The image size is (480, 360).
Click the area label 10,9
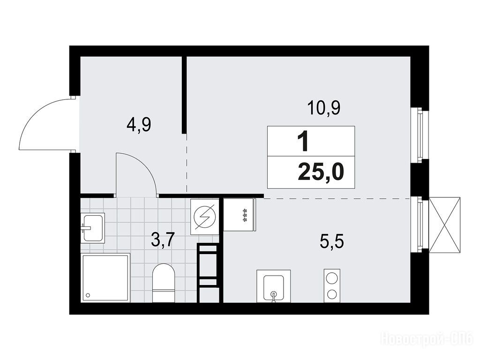[324, 109]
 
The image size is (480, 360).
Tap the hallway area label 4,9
[139, 125]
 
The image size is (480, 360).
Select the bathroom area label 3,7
[163, 240]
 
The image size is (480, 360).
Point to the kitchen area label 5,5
[332, 242]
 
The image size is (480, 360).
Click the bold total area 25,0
[321, 172]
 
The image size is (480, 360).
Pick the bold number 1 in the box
[303, 142]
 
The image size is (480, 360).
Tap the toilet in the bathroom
[164, 282]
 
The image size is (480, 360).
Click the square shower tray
[105, 277]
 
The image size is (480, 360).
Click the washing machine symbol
[204, 217]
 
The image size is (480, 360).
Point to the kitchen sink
[273, 286]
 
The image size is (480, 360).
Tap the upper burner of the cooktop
[332, 278]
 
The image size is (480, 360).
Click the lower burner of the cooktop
[332, 294]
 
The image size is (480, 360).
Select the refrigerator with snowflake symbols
[239, 215]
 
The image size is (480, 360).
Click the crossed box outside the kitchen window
[445, 225]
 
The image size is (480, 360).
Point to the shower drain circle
[88, 295]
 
